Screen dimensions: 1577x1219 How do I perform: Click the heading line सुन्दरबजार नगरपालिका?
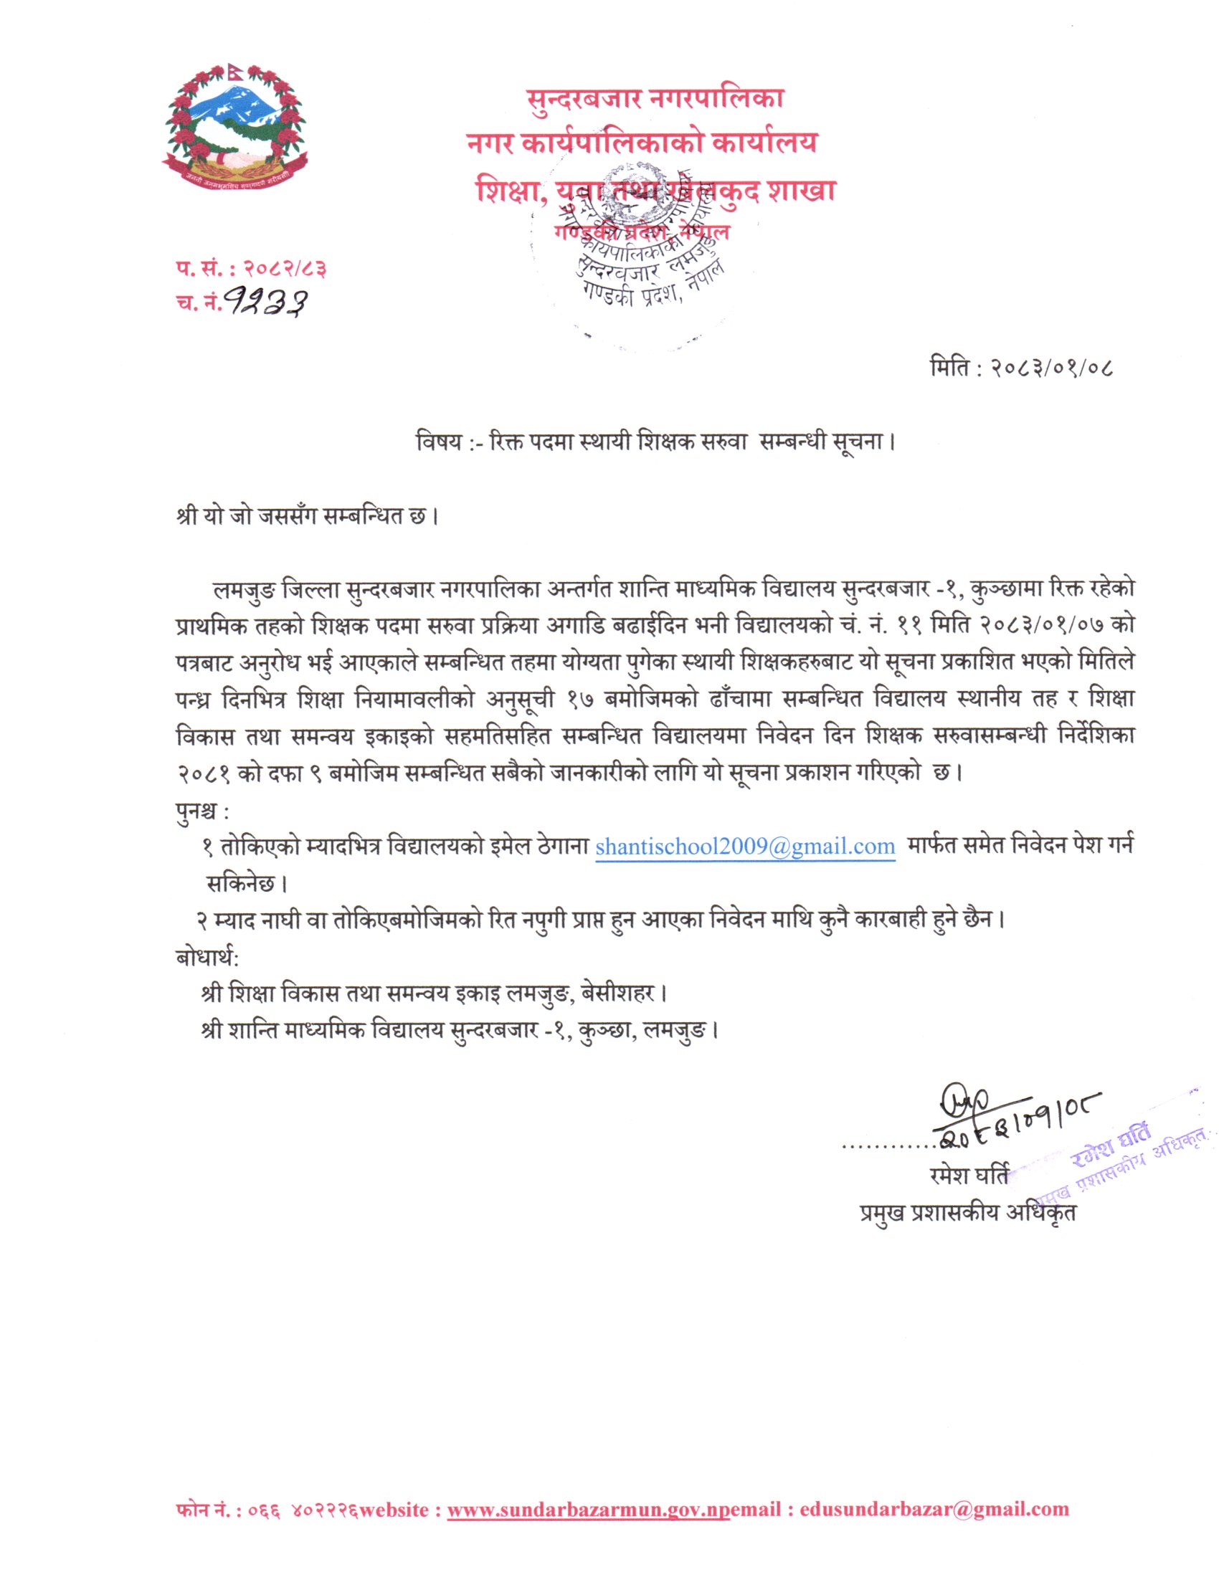[654, 98]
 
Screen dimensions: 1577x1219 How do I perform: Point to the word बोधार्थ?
[205, 958]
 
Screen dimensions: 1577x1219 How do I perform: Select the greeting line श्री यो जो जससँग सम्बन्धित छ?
[306, 517]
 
